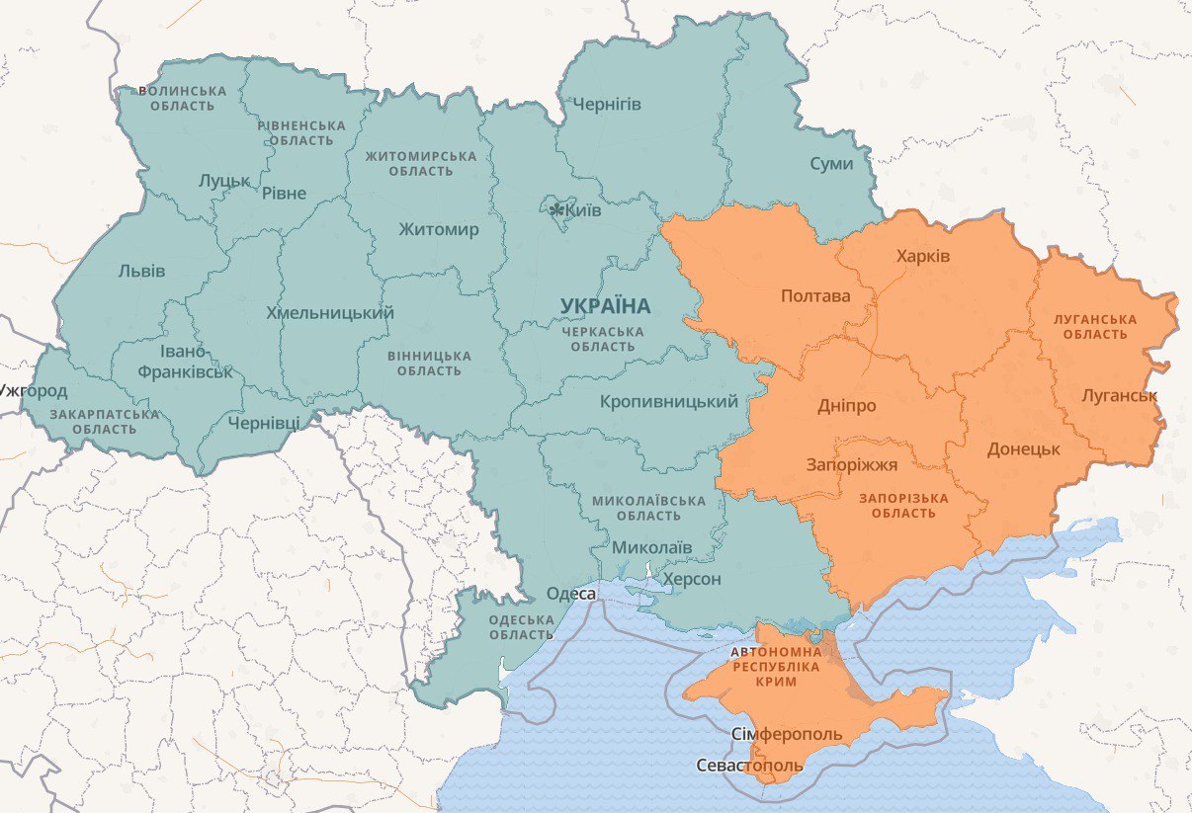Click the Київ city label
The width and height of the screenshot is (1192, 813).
tap(583, 209)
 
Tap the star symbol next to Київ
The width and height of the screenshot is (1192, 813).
tap(556, 209)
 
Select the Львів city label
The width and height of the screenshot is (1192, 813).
tap(141, 271)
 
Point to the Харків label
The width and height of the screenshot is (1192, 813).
tap(923, 256)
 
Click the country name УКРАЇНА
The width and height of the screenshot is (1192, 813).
tap(605, 307)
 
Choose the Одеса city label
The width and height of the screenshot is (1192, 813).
tap(571, 593)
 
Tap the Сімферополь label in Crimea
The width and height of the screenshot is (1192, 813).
tap(788, 734)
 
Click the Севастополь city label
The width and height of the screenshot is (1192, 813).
tap(749, 766)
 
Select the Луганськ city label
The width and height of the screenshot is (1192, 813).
tap(1119, 396)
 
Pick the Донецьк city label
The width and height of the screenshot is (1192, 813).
tap(1023, 448)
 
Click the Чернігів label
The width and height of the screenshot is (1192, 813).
tap(607, 104)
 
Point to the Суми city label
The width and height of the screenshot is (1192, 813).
tap(830, 163)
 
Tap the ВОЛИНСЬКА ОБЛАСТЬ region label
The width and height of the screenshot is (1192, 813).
tap(182, 98)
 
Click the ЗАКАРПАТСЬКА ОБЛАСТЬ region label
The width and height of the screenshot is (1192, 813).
tap(104, 422)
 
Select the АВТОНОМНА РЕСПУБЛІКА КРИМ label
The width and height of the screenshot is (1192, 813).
tap(776, 667)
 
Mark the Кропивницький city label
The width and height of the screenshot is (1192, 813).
tap(669, 401)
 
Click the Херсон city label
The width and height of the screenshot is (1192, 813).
tap(692, 579)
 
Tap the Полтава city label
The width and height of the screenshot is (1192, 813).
tap(815, 295)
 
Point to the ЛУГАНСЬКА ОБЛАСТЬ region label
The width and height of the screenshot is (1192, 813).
tap(1095, 327)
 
